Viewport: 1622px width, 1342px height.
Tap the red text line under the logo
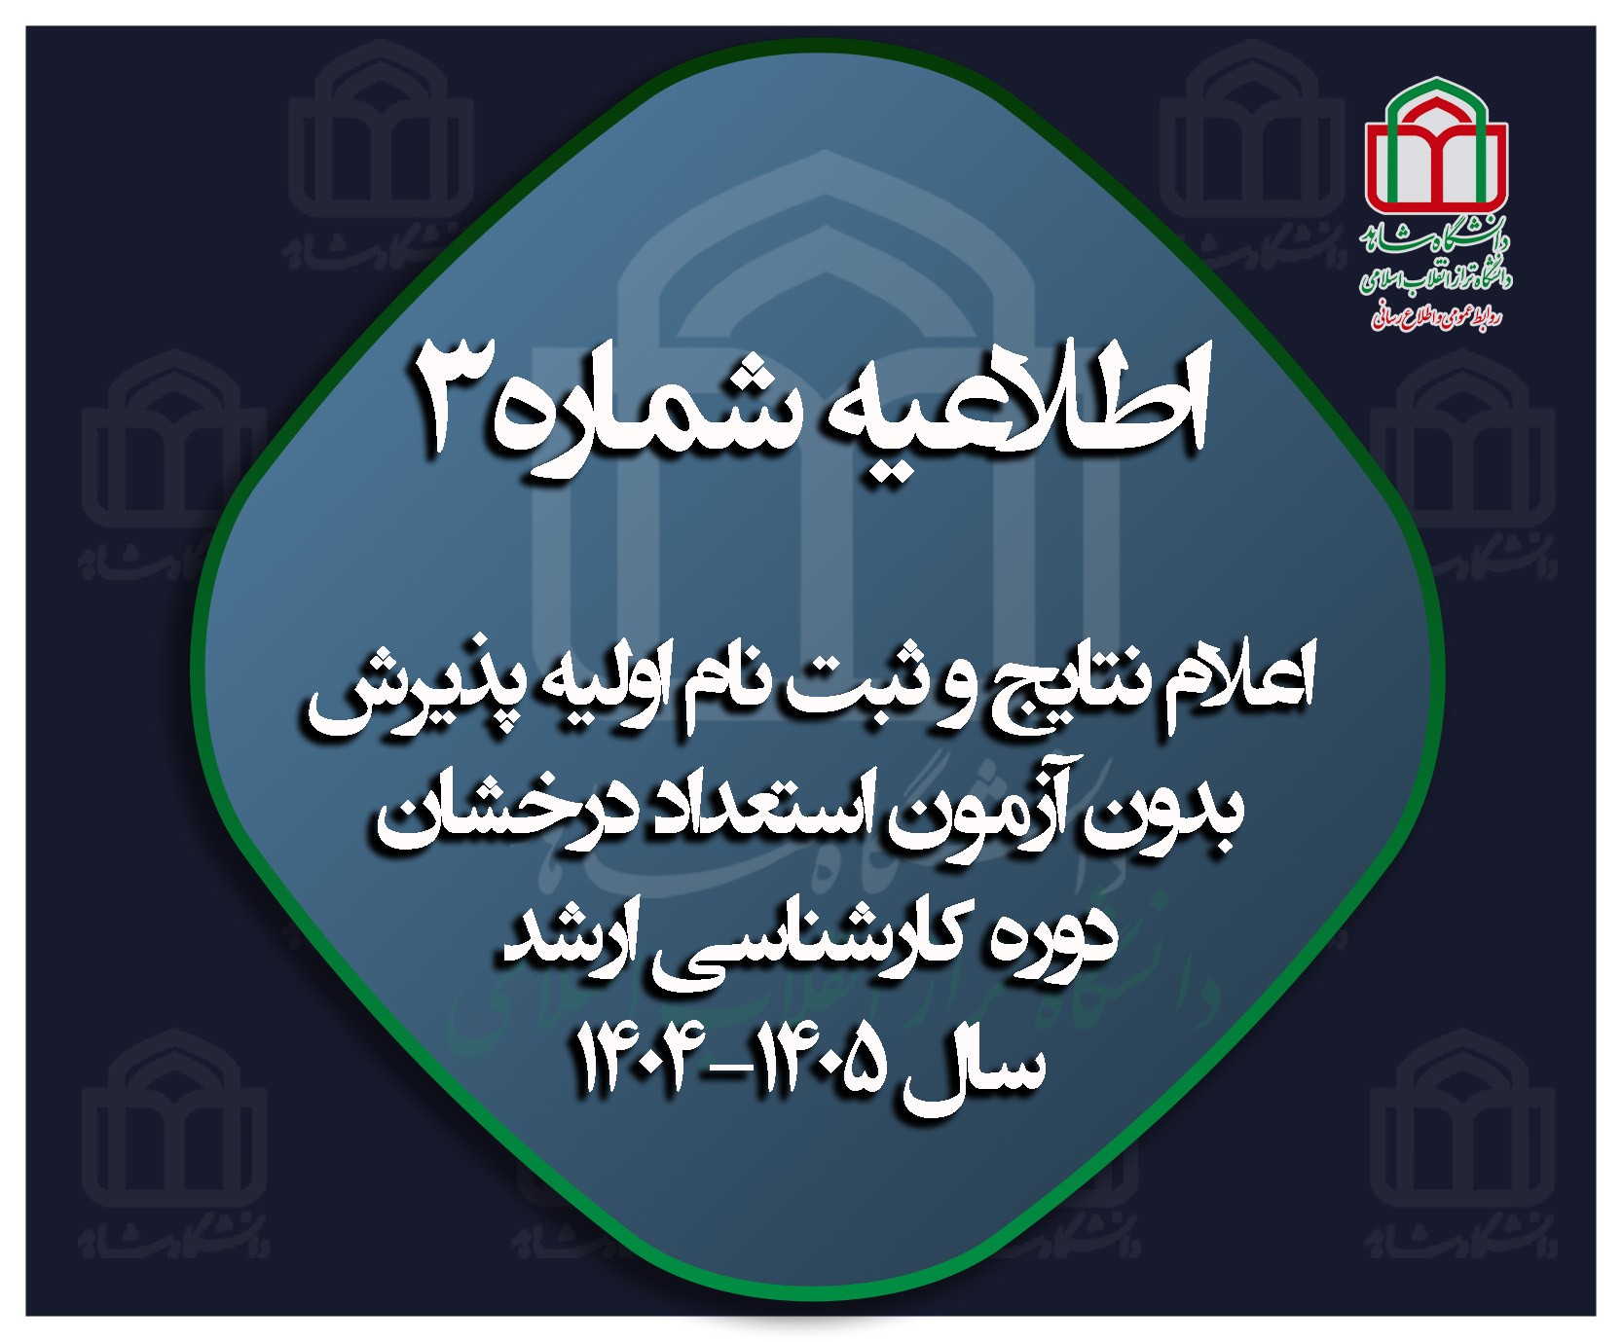[x=1436, y=313]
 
